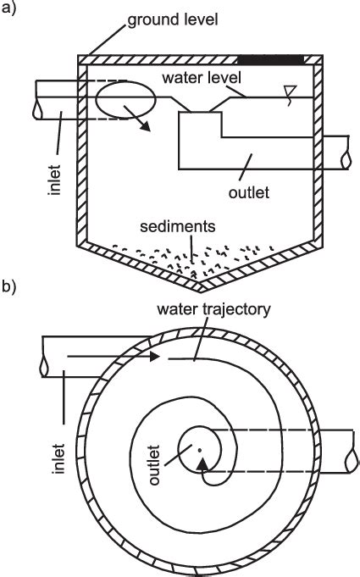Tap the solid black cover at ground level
(x=271, y=58)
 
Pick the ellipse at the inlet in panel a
(x=125, y=99)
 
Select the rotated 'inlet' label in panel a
(x=53, y=180)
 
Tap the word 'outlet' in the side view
(x=247, y=193)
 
